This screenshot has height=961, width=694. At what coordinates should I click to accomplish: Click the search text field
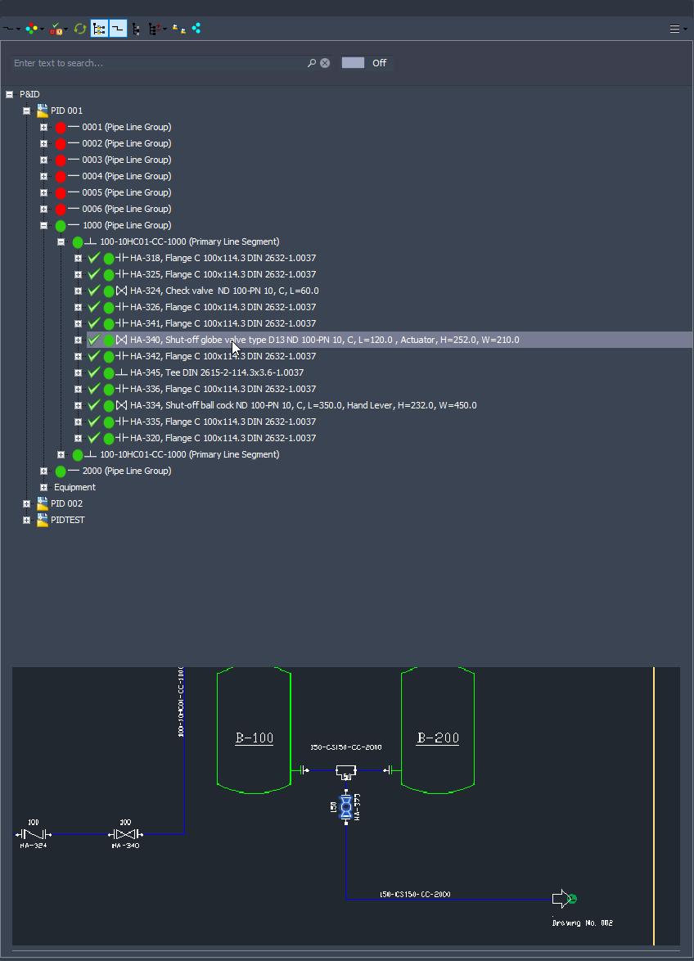[x=155, y=63]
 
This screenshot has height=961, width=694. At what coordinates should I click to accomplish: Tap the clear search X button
[x=325, y=63]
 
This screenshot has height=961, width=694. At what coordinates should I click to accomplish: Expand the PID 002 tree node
[x=27, y=503]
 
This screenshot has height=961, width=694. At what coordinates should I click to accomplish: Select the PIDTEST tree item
[x=67, y=520]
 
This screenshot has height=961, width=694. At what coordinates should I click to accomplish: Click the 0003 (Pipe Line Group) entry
[x=126, y=160]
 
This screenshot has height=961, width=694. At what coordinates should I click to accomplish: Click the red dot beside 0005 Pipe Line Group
[x=61, y=193]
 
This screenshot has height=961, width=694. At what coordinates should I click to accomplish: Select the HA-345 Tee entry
[x=222, y=372]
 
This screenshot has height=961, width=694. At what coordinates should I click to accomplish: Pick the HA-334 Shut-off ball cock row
[x=303, y=405]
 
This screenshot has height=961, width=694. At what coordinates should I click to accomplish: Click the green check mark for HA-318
[x=94, y=258]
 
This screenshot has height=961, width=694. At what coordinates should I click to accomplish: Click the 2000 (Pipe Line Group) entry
[x=126, y=471]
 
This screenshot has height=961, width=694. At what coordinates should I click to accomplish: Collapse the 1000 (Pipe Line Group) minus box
[x=44, y=225]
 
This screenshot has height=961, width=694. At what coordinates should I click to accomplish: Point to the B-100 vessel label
[x=255, y=738]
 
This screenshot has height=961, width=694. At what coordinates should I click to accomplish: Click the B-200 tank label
[x=438, y=738]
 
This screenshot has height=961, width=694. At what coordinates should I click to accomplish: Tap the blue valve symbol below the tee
[x=346, y=809]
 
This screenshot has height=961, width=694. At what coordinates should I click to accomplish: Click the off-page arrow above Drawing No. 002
[x=562, y=899]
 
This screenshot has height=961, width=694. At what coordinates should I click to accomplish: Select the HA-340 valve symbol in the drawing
[x=124, y=834]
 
